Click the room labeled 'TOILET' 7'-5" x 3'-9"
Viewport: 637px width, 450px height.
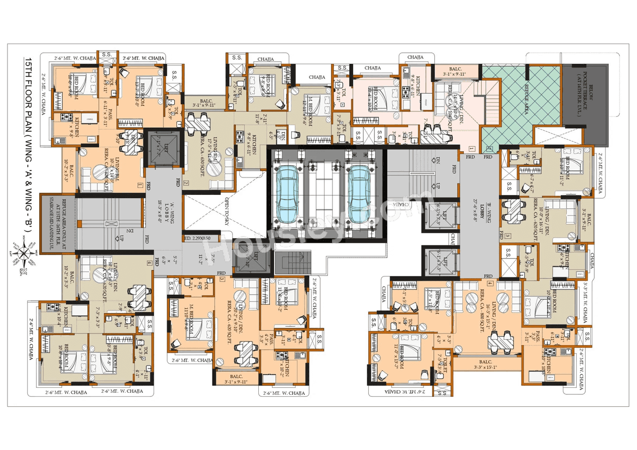pyautogui.click(x=440, y=366)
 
